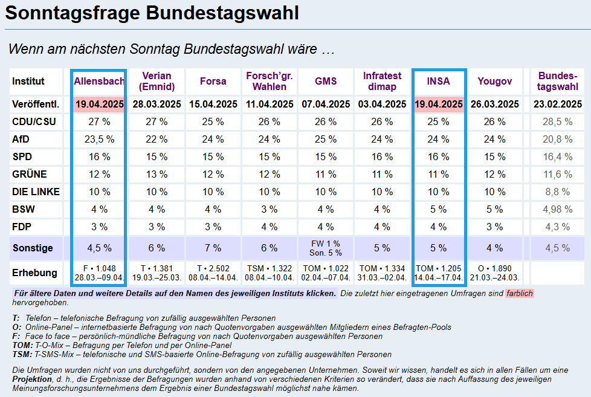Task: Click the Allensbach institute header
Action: click(99, 81)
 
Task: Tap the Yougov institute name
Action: click(494, 81)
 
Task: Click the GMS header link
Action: click(326, 81)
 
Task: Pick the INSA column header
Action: click(438, 81)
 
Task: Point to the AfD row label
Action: click(21, 139)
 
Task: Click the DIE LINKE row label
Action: click(36, 192)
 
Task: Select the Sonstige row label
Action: click(33, 248)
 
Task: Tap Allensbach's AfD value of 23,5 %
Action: click(100, 139)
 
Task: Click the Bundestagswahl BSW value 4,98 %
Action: click(557, 209)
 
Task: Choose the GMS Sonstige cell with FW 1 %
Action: click(326, 243)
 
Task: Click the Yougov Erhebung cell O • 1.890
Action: click(494, 268)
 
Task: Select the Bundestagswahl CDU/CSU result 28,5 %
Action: click(557, 121)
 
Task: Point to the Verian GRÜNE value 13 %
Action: click(157, 174)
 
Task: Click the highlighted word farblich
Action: click(520, 293)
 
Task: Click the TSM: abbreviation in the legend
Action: click(22, 354)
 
